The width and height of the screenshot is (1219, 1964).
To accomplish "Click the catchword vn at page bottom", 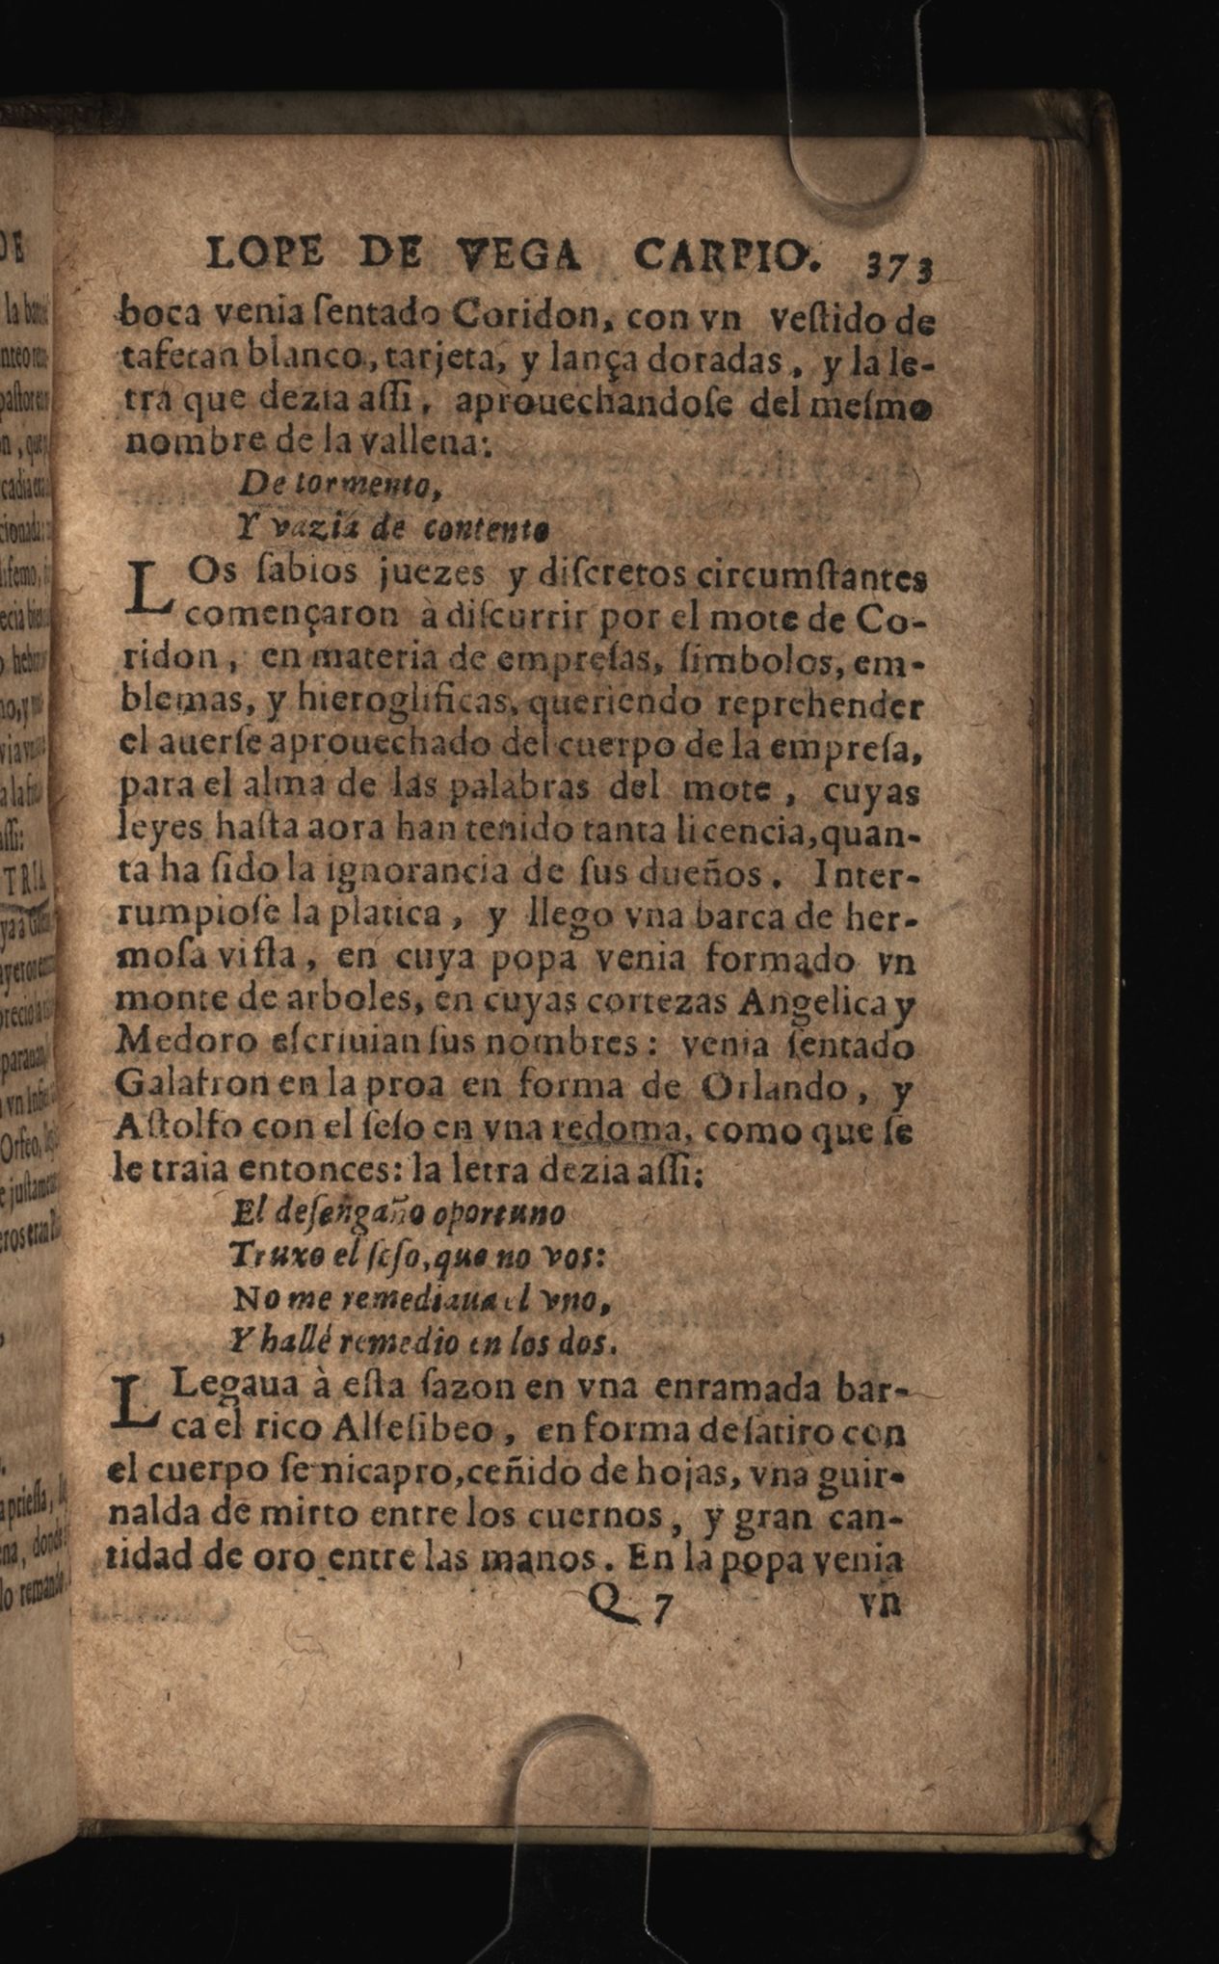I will click(x=881, y=1603).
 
